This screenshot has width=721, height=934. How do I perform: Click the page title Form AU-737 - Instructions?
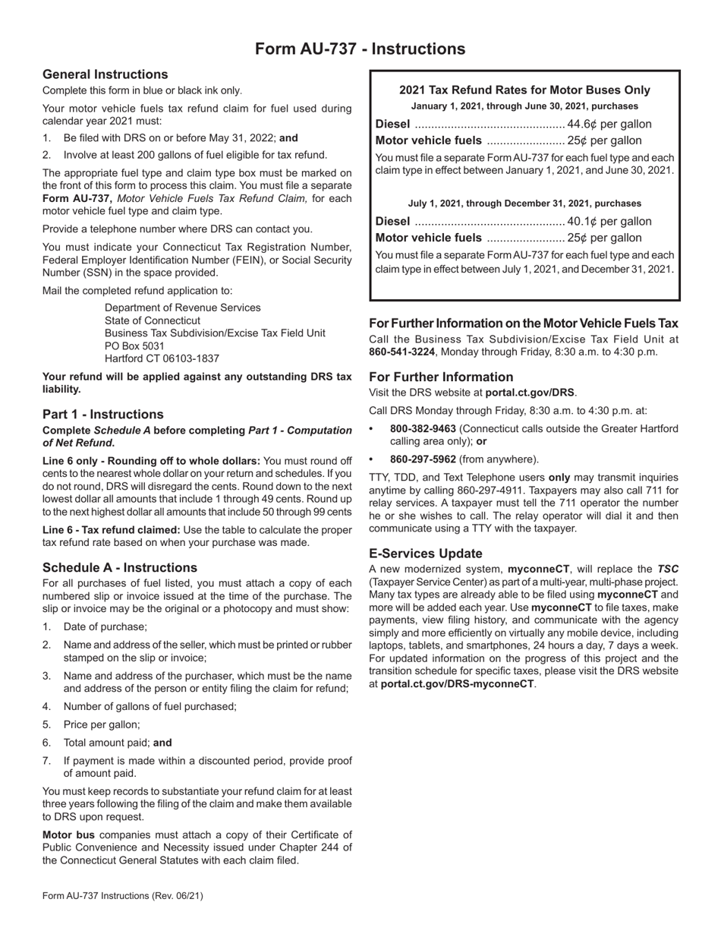click(x=360, y=49)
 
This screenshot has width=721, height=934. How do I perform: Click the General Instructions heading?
click(x=105, y=74)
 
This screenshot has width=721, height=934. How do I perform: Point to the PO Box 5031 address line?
click(x=134, y=346)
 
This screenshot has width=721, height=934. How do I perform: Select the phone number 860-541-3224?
click(x=401, y=352)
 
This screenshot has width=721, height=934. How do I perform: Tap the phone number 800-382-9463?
click(x=423, y=429)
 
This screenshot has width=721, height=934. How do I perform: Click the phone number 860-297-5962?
click(x=423, y=459)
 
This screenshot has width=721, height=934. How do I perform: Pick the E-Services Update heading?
click(x=425, y=554)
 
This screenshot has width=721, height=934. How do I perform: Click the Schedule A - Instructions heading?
click(x=120, y=568)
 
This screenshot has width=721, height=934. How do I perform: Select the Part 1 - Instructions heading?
click(x=103, y=415)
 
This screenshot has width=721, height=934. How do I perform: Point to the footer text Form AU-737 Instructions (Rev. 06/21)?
click(x=123, y=896)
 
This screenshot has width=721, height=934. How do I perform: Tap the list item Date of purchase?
click(x=105, y=626)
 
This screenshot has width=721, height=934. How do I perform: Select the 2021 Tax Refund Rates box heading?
click(x=524, y=90)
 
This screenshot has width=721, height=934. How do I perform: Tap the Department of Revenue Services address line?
click(x=182, y=308)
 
